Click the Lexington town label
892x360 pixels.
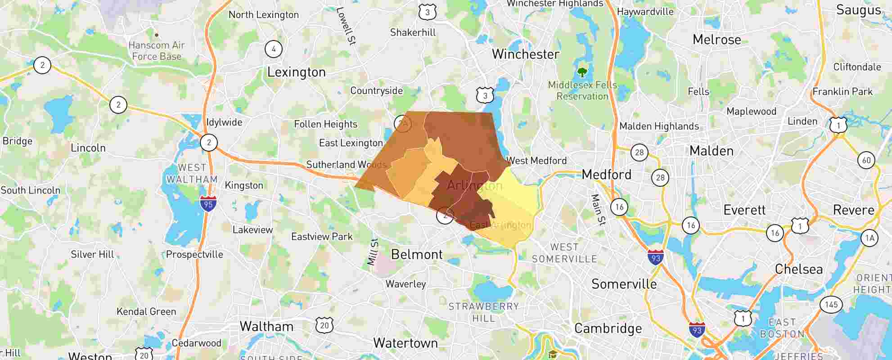296,72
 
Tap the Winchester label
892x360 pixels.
525,54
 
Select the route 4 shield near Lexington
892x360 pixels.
274,49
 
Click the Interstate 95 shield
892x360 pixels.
208,204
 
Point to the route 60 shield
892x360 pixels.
866,160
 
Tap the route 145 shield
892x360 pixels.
831,305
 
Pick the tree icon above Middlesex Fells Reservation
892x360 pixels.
582,72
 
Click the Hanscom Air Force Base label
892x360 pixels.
157,51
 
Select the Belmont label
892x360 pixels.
417,255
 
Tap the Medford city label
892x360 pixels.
606,175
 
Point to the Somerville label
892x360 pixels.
624,284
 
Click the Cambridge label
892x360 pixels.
608,328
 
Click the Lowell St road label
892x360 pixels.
346,26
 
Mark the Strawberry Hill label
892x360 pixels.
483,312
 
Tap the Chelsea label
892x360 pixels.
798,270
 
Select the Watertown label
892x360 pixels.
405,343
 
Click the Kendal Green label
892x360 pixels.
146,311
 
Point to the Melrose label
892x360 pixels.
716,40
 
